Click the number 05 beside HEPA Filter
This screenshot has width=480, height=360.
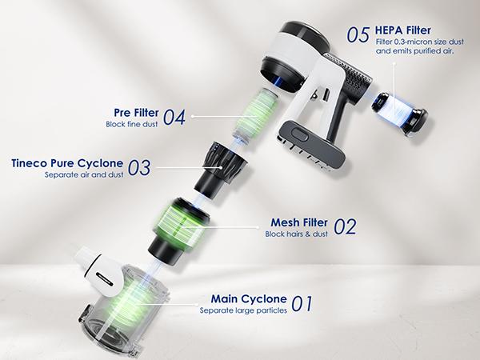pyautogui.click(x=358, y=35)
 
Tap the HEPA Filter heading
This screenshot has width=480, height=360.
pyautogui.click(x=403, y=30)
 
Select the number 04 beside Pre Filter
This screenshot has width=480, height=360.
pyautogui.click(x=174, y=118)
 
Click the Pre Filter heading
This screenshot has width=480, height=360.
pyautogui.click(x=136, y=113)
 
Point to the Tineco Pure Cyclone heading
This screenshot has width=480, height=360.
pyautogui.click(x=67, y=163)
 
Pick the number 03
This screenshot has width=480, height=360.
pyautogui.click(x=139, y=168)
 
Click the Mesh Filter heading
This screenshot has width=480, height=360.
pyautogui.click(x=299, y=222)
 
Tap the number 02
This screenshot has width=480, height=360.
pyautogui.click(x=345, y=227)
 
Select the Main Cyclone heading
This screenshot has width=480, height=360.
pyautogui.click(x=249, y=298)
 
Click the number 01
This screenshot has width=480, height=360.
pyautogui.click(x=302, y=303)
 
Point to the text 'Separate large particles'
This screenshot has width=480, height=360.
pyautogui.click(x=243, y=310)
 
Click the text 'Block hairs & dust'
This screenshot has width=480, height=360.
pyautogui.click(x=296, y=234)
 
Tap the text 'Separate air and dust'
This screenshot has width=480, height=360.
pyautogui.click(x=84, y=174)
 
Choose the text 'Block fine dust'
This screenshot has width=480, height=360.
pyautogui.click(x=132, y=124)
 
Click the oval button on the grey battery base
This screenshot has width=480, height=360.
pyautogui.click(x=300, y=134)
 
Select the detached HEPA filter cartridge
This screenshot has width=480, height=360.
pyautogui.click(x=399, y=114)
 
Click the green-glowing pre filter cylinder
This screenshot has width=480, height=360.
pyautogui.click(x=256, y=114)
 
